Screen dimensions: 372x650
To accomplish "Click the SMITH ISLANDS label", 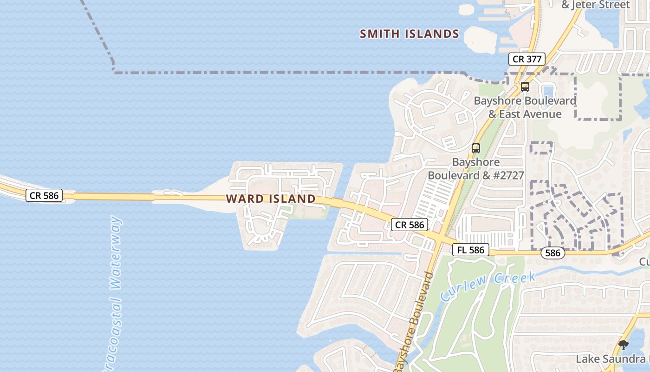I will [409, 34].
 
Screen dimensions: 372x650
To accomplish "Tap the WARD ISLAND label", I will [271, 199].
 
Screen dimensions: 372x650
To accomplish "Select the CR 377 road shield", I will [526, 59].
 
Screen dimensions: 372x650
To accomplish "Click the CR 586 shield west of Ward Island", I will [44, 195].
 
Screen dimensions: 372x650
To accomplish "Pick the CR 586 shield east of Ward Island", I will [409, 225].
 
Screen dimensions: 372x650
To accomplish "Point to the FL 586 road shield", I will [471, 250].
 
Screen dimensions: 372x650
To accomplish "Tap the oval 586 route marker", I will [552, 253].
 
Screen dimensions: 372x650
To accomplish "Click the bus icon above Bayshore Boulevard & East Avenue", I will [525, 87].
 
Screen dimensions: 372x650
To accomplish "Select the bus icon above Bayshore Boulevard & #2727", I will [476, 148].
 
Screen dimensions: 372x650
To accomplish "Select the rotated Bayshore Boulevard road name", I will [414, 321].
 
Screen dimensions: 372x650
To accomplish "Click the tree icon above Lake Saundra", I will [624, 345].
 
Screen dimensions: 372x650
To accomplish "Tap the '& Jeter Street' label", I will [595, 5].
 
